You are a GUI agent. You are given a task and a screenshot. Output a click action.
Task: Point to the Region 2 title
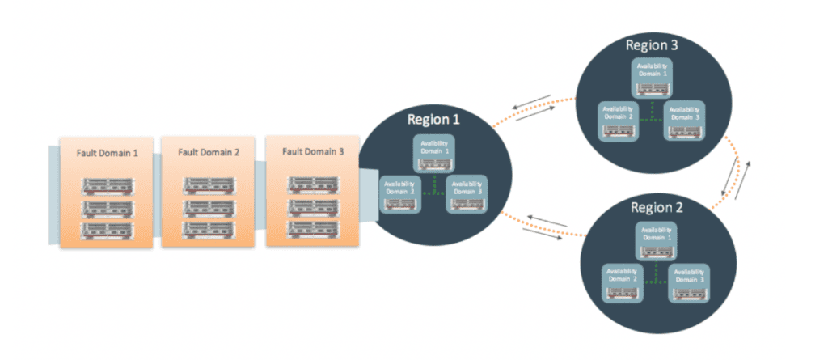pos(657,207)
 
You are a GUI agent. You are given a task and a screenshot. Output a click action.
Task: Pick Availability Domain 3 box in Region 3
pos(686,120)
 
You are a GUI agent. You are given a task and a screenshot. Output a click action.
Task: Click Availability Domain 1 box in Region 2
pos(656,239)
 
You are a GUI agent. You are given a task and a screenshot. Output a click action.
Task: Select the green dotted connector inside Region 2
pos(656,275)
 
